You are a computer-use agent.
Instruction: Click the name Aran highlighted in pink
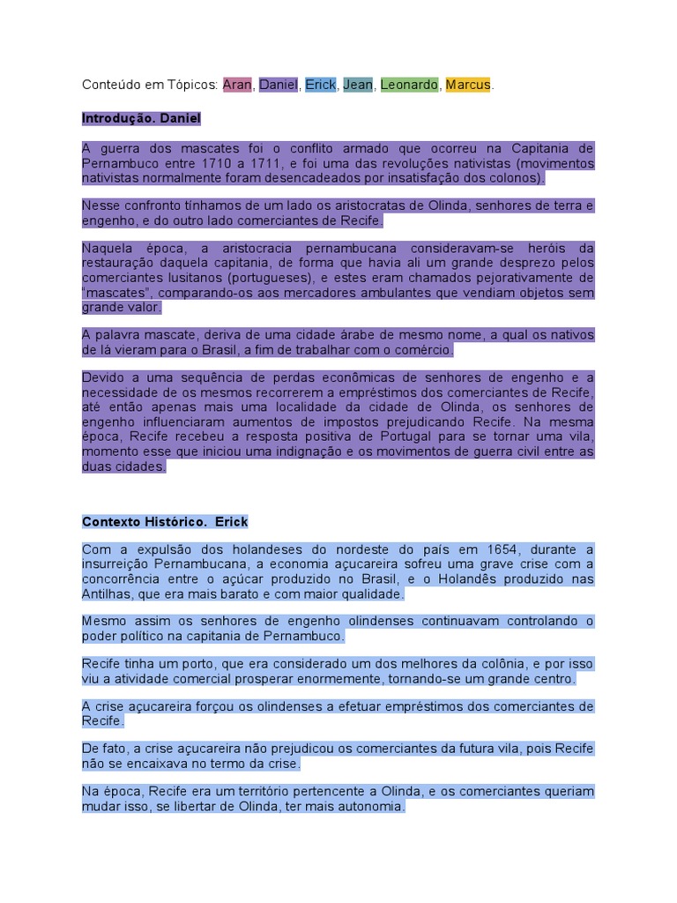click(237, 85)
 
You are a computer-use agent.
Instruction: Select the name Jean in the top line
click(358, 85)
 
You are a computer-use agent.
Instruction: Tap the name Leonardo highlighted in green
click(409, 85)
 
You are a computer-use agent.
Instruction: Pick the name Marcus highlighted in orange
click(468, 85)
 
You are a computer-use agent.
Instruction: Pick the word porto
click(189, 663)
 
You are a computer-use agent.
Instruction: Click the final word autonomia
click(376, 805)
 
